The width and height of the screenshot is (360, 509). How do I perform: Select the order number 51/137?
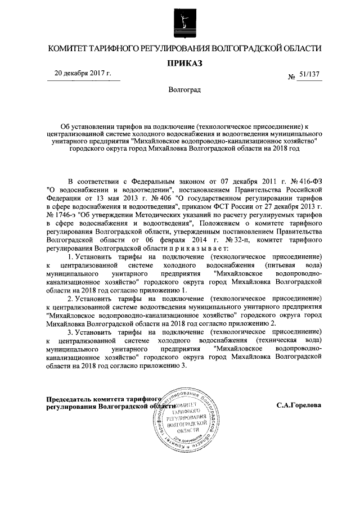click(x=308, y=75)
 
